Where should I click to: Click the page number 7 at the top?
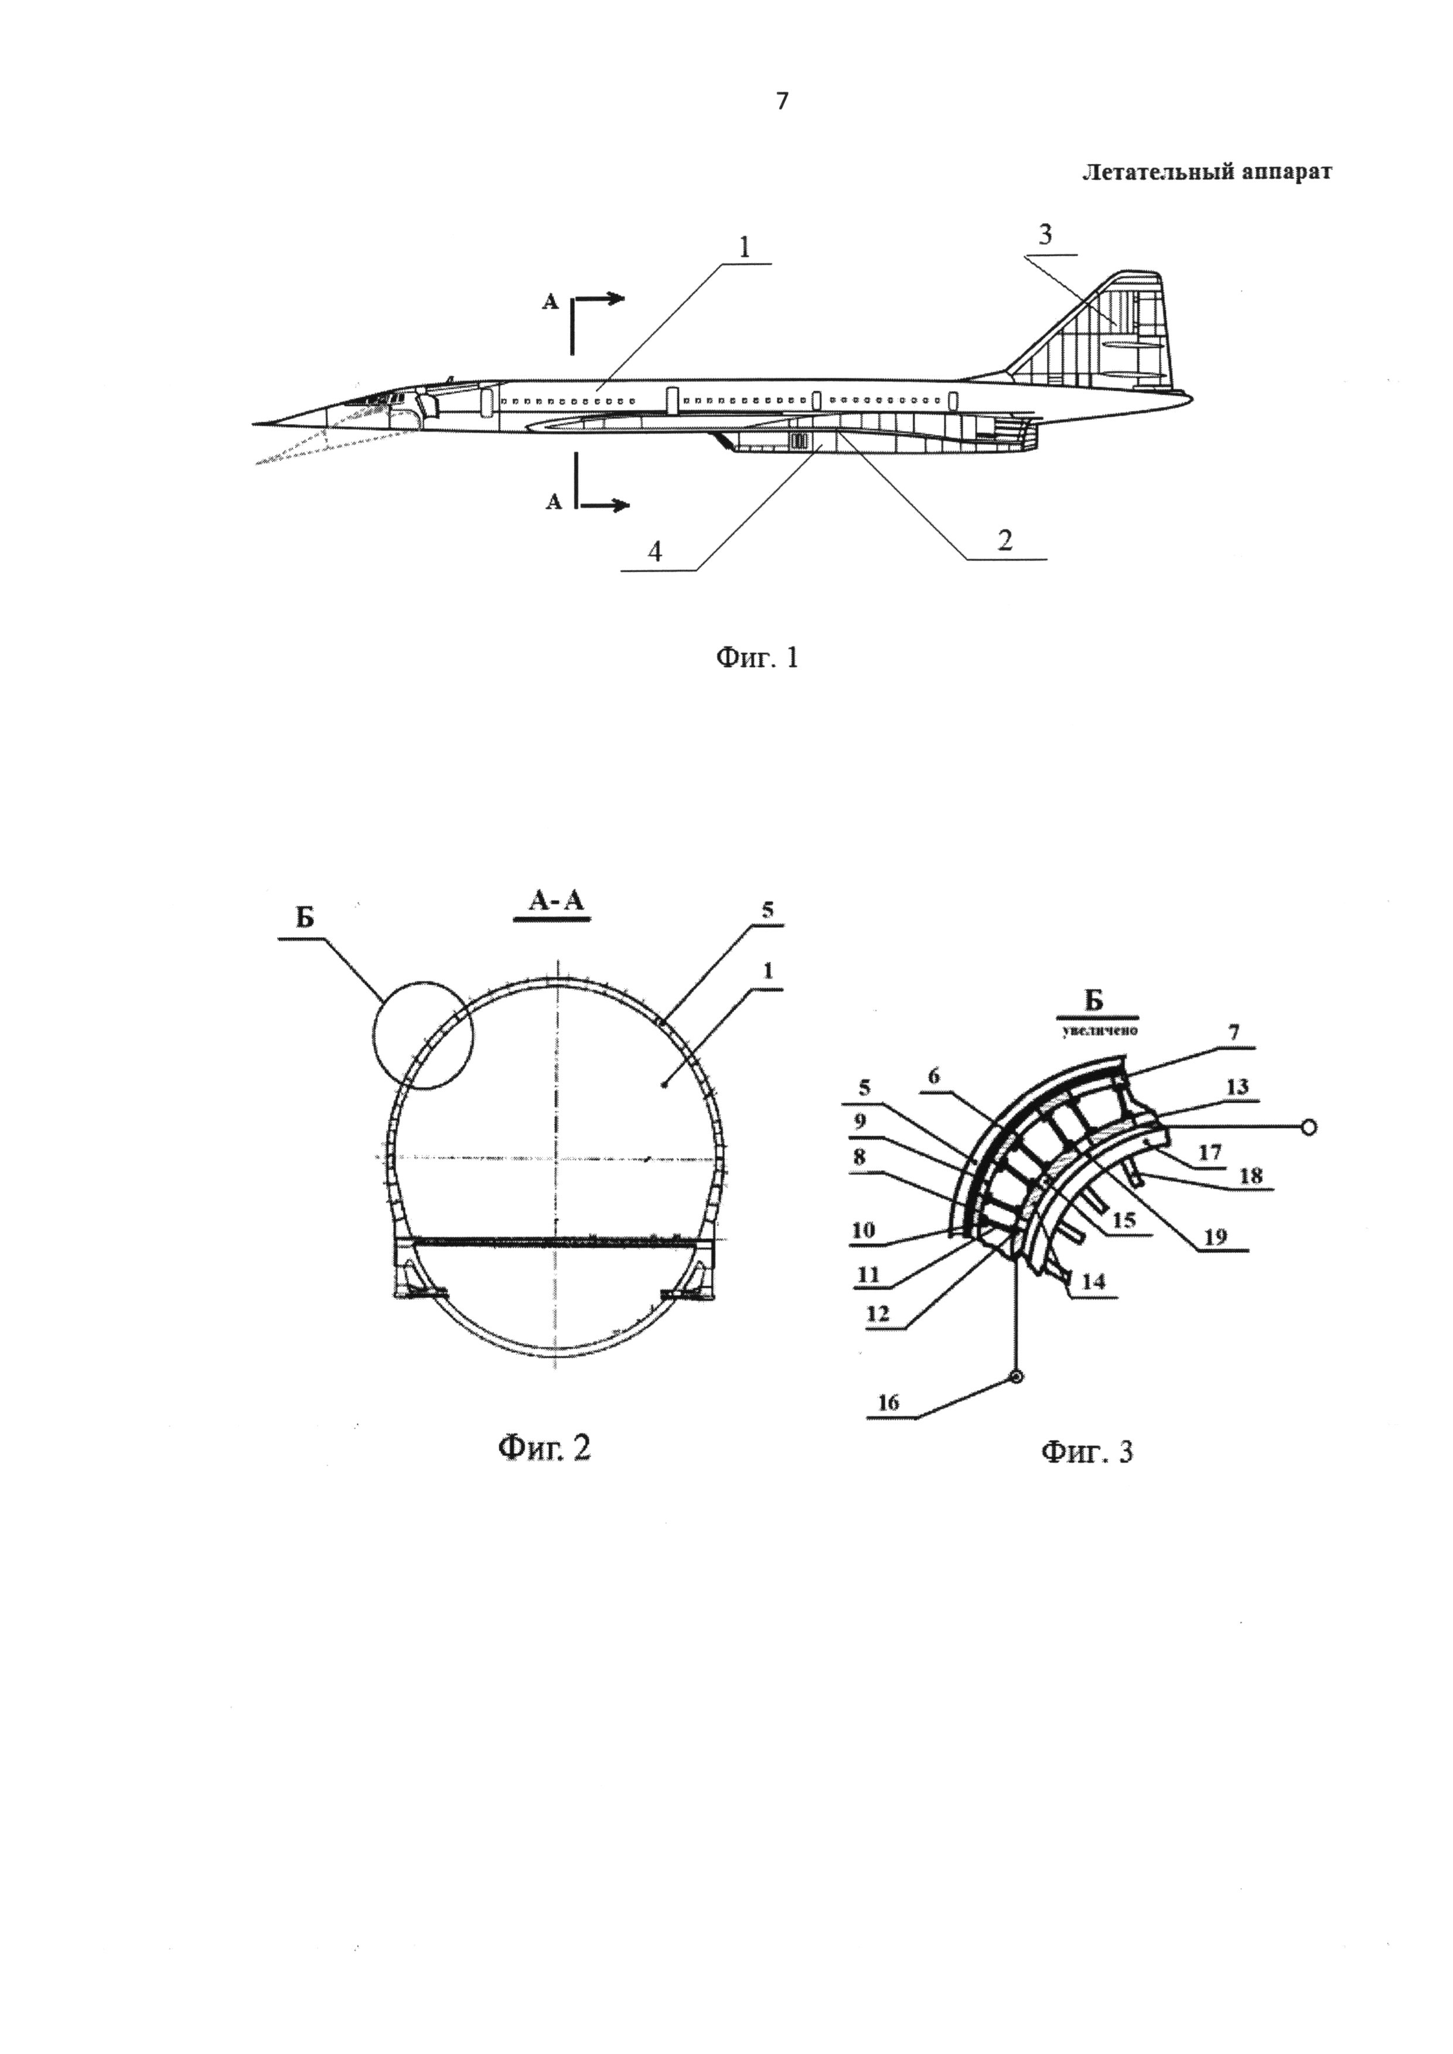click(783, 102)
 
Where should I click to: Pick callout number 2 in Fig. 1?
click(1005, 541)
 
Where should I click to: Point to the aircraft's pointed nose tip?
click(254, 423)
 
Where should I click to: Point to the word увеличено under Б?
click(1100, 1031)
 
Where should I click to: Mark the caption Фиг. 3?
click(1086, 1451)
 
